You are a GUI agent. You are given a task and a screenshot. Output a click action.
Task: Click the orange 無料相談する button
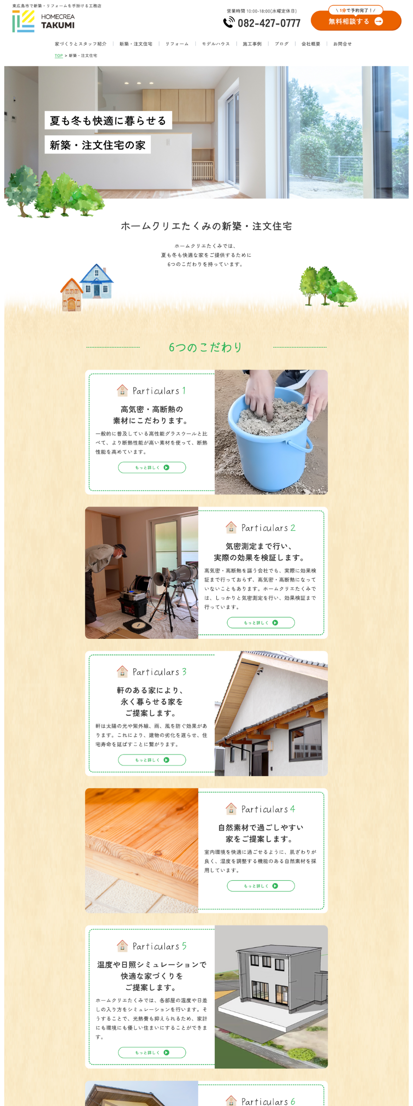point(356,21)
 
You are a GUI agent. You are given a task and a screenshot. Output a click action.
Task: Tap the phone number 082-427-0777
point(269,23)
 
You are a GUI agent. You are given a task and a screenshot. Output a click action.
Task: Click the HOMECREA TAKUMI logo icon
point(23,21)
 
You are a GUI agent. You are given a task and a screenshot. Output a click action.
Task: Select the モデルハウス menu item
point(216,44)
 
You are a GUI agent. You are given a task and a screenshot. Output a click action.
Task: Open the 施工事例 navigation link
point(252,44)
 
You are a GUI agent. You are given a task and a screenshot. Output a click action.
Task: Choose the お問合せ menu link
point(342,44)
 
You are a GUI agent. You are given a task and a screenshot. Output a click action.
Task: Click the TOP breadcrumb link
point(59,56)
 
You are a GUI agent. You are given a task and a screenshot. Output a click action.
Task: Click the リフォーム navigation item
point(177,44)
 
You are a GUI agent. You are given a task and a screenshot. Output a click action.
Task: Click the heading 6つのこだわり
point(206,347)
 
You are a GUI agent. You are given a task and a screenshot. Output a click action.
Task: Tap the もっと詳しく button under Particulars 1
point(152,468)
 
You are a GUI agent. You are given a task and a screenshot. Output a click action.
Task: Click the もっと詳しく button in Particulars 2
point(261,623)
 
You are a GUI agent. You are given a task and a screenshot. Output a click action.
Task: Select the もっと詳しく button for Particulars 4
point(261,886)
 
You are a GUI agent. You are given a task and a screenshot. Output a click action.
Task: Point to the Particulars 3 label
point(160,672)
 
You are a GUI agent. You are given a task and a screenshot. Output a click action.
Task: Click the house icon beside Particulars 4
point(231,809)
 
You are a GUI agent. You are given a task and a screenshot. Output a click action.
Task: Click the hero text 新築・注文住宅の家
point(98,145)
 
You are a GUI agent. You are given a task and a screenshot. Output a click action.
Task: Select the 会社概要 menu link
point(311,44)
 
